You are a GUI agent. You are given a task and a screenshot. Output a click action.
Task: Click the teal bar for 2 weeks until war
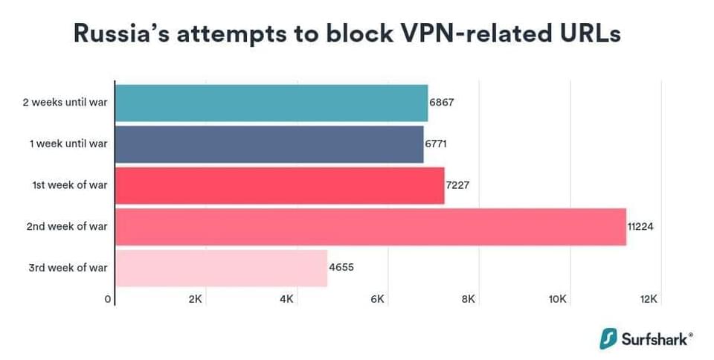(x=271, y=103)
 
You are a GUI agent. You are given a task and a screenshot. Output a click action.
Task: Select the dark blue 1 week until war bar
(x=269, y=144)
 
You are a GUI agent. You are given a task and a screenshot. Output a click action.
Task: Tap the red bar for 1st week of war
(x=280, y=185)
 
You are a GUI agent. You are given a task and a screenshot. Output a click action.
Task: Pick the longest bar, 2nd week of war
(x=370, y=226)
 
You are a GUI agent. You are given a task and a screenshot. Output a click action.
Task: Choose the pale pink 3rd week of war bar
(x=222, y=268)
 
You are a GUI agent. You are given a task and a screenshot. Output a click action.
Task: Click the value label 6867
(x=442, y=103)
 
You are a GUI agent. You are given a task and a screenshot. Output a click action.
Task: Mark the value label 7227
(x=457, y=185)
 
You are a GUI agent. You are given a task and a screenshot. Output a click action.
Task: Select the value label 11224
(x=640, y=226)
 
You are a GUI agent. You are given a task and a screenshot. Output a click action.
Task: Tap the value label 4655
(x=341, y=268)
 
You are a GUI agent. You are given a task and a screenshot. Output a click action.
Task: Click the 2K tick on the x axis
(x=196, y=299)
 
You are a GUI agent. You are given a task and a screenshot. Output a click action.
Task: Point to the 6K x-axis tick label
(x=377, y=299)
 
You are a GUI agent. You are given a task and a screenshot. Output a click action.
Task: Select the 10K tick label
(x=558, y=299)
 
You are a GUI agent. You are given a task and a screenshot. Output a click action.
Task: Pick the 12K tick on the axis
(x=649, y=299)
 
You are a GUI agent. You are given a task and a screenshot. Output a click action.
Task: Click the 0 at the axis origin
(x=109, y=299)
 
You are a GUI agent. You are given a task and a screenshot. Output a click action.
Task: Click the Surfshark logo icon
(x=610, y=338)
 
